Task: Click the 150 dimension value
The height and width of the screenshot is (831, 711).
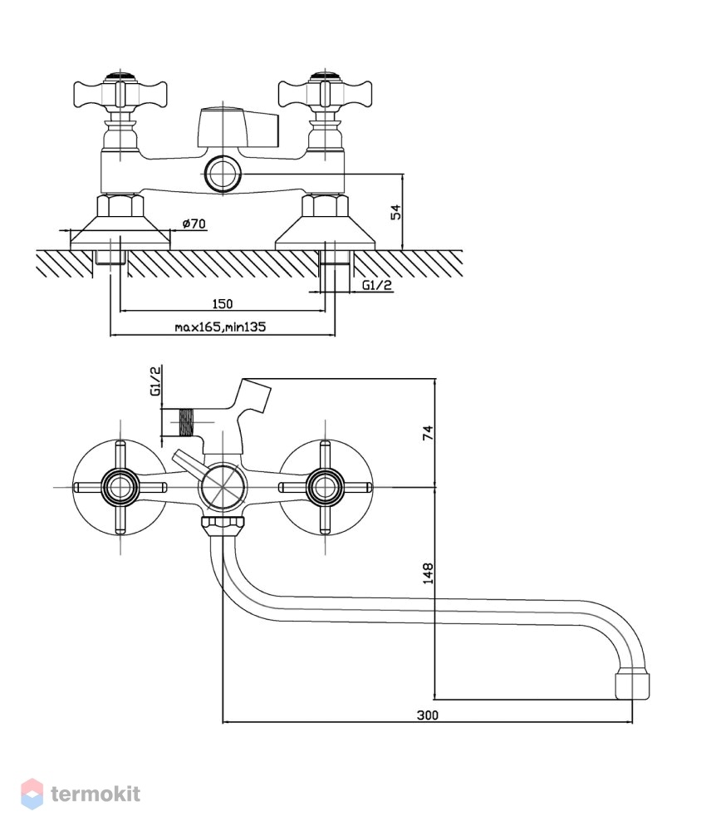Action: click(223, 303)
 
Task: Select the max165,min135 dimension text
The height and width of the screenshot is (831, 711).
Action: click(220, 327)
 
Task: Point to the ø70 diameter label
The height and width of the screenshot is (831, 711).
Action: click(194, 224)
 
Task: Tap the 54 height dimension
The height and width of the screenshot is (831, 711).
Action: click(395, 212)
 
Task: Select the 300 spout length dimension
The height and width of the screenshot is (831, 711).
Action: click(428, 715)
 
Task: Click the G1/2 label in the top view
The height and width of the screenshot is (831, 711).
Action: click(377, 285)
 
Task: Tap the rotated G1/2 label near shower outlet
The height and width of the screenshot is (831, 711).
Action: click(156, 381)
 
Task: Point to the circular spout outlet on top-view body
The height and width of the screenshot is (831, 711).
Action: click(223, 174)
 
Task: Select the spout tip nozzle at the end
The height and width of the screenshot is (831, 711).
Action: click(632, 686)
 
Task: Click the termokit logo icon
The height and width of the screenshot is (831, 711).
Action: click(32, 794)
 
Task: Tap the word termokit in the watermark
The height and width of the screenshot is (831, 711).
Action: click(96, 794)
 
